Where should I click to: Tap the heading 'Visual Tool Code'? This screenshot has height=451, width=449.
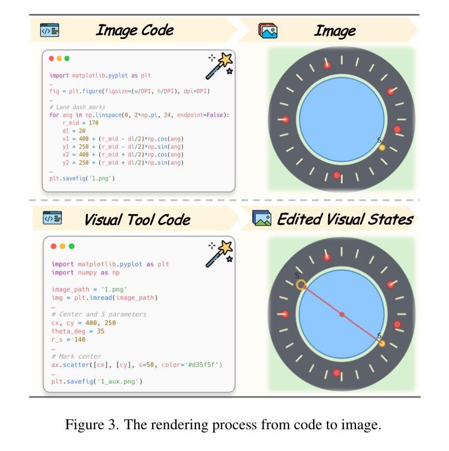137,220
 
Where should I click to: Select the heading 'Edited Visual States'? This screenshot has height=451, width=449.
344,219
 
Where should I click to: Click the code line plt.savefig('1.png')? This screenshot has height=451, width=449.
82,178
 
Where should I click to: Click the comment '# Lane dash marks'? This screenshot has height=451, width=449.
77,107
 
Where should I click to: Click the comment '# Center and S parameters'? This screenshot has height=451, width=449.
99,314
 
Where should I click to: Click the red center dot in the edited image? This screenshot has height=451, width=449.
342,315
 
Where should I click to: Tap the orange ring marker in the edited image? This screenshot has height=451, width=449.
301,285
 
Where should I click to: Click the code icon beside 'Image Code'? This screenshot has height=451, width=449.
49,30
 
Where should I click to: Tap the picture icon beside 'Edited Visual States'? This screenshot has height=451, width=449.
261,219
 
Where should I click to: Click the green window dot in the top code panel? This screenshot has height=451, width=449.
67,59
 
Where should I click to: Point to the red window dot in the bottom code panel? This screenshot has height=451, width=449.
53,246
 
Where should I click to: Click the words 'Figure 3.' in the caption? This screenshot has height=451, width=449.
91,425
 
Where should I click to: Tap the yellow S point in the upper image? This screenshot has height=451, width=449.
382,148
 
